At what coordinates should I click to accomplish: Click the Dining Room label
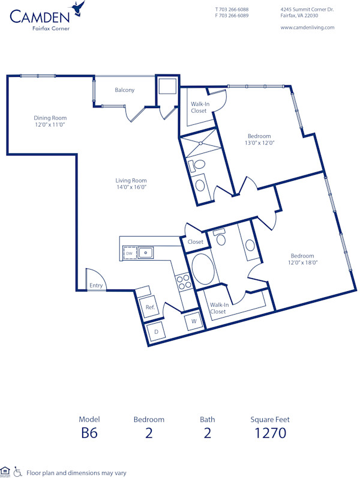point(50,118)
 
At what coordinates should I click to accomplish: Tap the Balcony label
point(125,90)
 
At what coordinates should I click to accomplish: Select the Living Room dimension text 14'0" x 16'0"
point(131,187)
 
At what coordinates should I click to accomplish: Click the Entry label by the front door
point(96,285)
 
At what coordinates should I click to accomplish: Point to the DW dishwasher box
point(129,254)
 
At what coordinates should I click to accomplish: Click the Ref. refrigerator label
point(150,307)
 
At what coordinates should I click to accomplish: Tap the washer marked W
point(194,321)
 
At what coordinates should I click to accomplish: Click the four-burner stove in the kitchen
point(183,282)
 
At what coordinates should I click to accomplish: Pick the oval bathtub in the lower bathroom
point(202,270)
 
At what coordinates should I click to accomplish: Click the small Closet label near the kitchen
point(196,242)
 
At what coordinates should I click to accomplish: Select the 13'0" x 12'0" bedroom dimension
point(259,143)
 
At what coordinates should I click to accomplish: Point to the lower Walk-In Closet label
point(218,308)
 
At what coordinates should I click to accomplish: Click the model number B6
point(89,432)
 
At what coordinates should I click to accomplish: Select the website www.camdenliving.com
point(307,28)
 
